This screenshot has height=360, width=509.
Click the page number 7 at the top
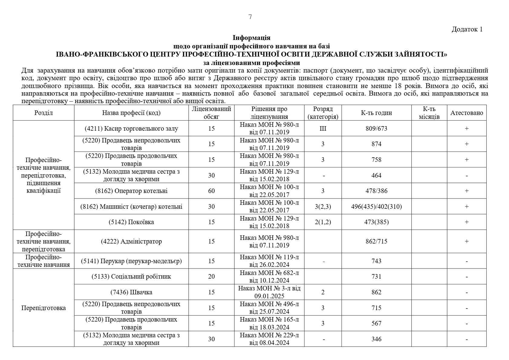coord(250,17)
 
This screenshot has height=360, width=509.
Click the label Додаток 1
coord(467,29)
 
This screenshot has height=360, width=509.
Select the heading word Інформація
coord(251,38)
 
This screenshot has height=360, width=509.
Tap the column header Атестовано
coord(467,113)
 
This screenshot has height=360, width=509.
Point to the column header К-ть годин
coord(376,113)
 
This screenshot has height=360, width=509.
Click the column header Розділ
coord(44,113)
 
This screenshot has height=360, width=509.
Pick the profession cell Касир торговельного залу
coord(131,129)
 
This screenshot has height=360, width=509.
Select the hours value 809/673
coord(376,129)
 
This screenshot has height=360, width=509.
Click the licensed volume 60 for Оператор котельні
coord(211,191)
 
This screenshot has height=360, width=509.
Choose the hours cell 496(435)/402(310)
coord(376,207)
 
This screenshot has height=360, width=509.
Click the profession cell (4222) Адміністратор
coord(131,241)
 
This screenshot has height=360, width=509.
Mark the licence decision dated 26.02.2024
coord(269,261)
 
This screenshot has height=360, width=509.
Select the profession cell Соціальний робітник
coord(131,277)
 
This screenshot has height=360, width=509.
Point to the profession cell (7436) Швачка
coord(131,292)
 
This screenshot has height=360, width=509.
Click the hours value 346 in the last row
coord(376,339)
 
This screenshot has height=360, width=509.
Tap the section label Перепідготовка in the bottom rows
coord(44,308)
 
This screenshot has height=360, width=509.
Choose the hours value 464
coord(376,175)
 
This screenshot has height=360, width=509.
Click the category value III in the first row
coord(323,129)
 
